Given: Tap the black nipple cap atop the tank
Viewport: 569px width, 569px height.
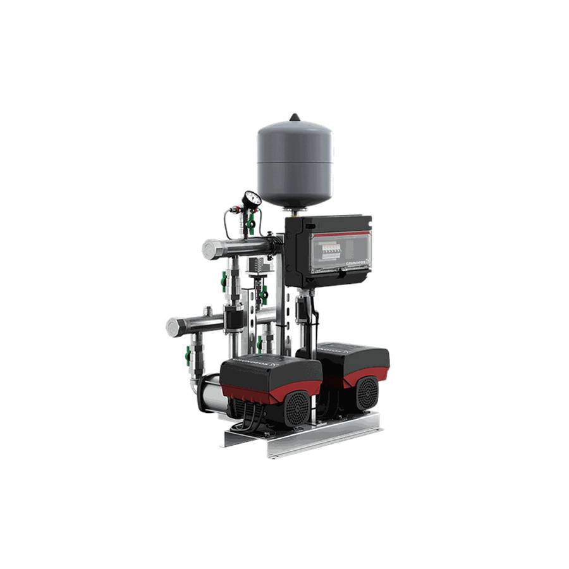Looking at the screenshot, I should [295, 117].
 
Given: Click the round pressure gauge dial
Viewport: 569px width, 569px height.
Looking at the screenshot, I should [251, 200].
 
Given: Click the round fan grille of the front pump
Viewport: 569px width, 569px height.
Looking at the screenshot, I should [297, 408].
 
